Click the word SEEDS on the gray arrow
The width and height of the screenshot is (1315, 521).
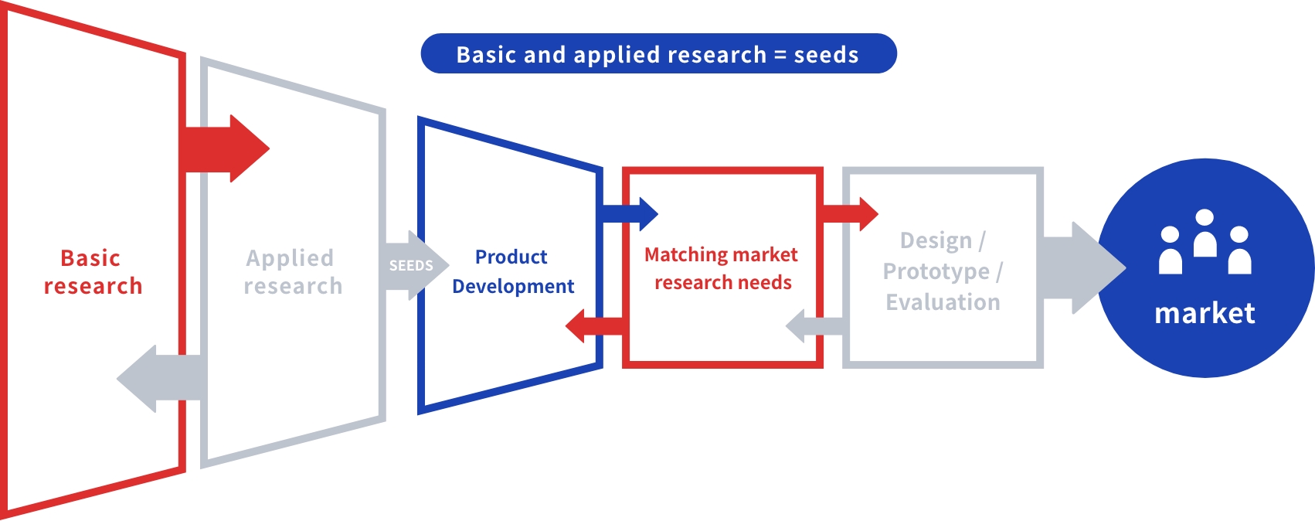411,265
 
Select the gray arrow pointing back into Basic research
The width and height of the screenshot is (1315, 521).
162,379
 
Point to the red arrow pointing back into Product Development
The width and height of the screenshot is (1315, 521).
594,326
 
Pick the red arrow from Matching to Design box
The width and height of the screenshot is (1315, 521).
850,214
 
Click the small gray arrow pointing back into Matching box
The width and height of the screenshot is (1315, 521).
815,326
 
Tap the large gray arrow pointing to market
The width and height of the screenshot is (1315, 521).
1082,267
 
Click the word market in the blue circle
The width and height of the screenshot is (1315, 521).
1205,313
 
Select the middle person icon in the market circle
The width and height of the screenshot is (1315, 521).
1205,233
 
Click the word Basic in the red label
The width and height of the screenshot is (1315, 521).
90,258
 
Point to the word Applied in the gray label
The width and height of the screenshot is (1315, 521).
290,259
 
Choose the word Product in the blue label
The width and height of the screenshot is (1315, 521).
511,257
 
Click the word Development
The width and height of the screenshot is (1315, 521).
513,286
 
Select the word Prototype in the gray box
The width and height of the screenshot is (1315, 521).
936,272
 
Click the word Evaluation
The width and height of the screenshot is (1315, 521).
943,302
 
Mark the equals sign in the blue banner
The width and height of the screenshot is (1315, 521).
780,55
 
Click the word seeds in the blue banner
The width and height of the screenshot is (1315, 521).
826,55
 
